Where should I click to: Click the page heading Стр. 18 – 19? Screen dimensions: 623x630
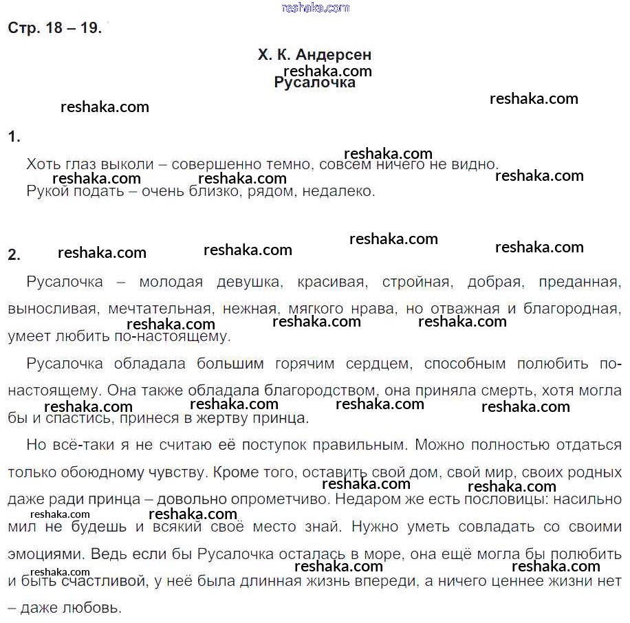coord(54,28)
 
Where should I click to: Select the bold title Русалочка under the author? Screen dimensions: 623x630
coord(314,83)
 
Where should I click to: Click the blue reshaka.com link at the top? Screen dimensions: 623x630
coord(316,8)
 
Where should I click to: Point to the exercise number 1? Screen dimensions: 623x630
coord(14,137)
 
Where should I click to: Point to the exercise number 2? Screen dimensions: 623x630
coord(14,254)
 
